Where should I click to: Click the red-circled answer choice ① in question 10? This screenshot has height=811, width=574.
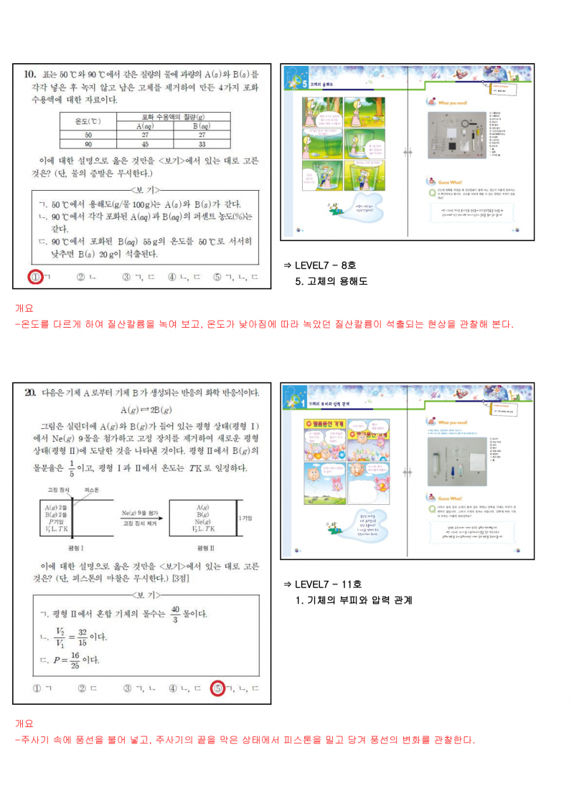point(34,277)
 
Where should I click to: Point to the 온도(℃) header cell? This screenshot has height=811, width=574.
point(88,121)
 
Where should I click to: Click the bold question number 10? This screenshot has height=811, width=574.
point(30,73)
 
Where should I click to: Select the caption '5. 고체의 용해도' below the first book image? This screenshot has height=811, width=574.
point(331,282)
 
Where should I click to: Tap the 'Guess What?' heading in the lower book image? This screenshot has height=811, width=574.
point(453,498)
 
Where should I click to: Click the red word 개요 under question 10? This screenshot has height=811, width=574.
point(24,308)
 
